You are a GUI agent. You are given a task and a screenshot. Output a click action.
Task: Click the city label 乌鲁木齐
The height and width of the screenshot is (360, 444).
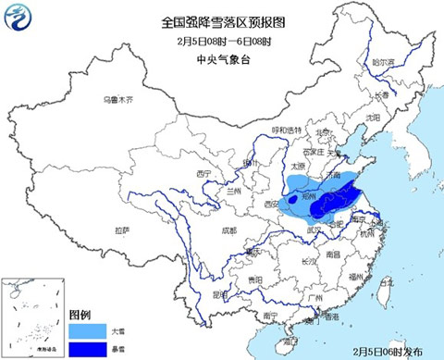(117, 99)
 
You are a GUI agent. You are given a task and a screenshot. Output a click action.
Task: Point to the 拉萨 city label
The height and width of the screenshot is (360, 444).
(121, 229)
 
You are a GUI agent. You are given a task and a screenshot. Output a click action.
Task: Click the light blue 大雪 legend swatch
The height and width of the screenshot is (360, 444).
(88, 329)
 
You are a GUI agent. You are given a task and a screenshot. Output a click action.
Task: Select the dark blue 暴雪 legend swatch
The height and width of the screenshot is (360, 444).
(88, 346)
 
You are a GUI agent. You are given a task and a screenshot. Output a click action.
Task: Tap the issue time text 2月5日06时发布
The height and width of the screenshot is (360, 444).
(391, 352)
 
